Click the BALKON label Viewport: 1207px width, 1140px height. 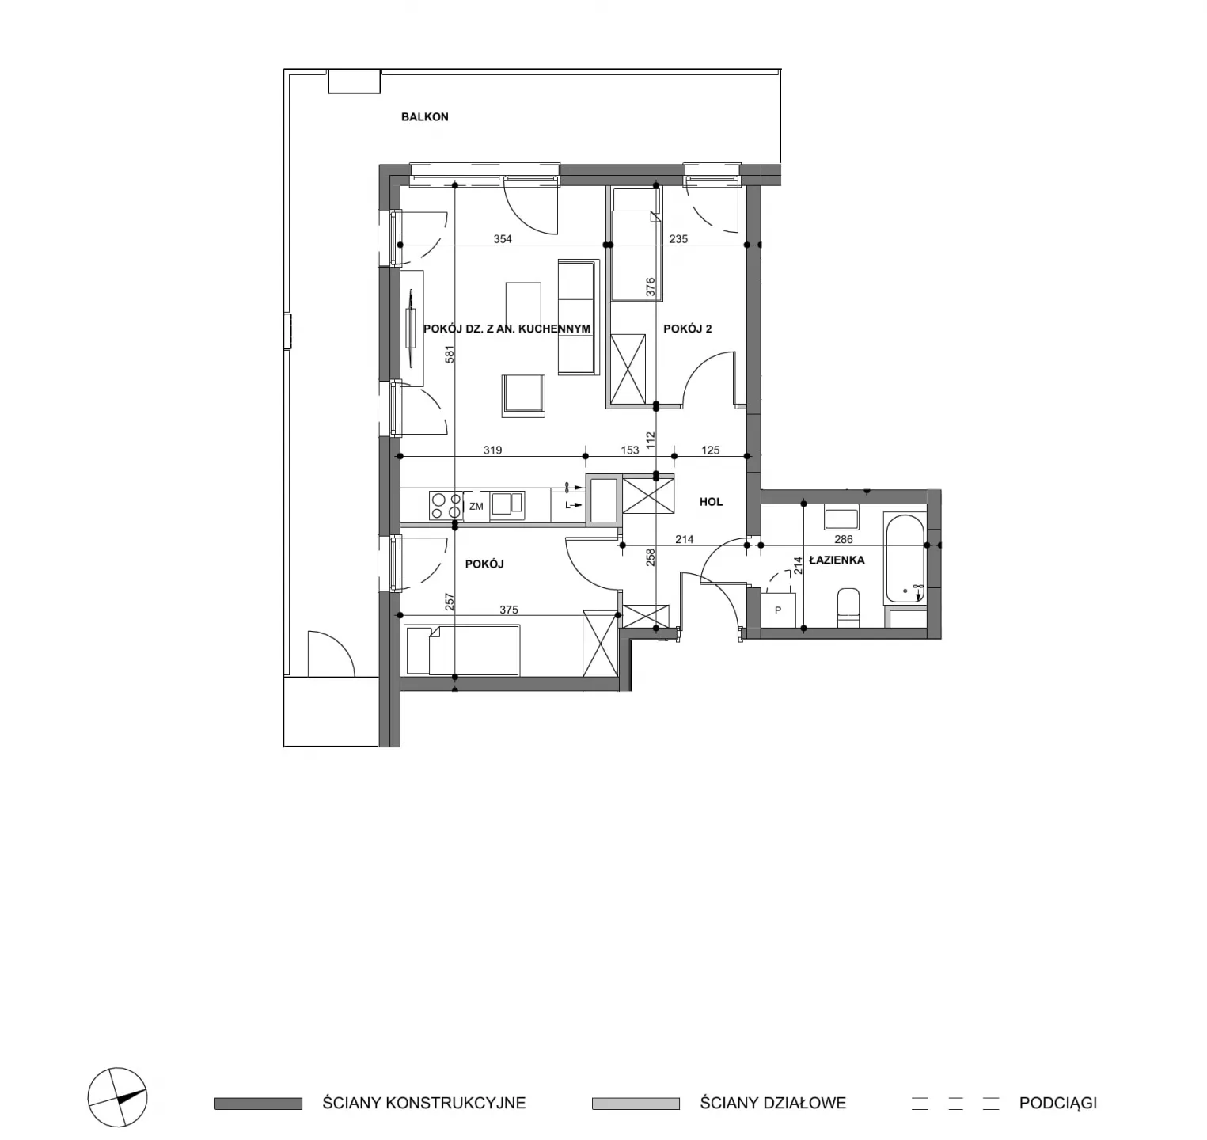pos(425,116)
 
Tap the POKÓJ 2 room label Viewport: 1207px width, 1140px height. pos(687,329)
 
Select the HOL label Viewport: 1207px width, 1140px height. pos(711,502)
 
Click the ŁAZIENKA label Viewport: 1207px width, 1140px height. pos(837,560)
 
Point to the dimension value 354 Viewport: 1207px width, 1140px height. pos(503,238)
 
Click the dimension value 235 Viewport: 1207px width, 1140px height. pos(678,238)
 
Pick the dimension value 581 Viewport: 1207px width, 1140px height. pos(449,354)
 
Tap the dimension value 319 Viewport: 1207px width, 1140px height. pos(492,450)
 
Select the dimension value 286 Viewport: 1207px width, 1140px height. pos(844,539)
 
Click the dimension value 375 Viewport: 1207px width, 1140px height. pos(509,610)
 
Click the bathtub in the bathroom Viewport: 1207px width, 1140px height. pos(905,559)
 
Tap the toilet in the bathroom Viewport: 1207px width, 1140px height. pos(848,607)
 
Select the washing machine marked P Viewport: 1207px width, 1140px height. pos(778,610)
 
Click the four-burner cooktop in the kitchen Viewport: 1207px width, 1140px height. pos(446,505)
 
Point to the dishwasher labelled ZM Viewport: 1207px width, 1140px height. pos(476,506)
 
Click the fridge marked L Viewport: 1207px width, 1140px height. pos(568,505)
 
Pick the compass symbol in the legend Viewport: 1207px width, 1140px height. pos(117,1097)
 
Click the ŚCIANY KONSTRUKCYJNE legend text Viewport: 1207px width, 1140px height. pos(423,1103)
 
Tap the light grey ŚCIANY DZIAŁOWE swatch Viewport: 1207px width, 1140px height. pos(636,1104)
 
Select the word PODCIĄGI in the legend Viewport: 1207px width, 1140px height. pos(1057,1103)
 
